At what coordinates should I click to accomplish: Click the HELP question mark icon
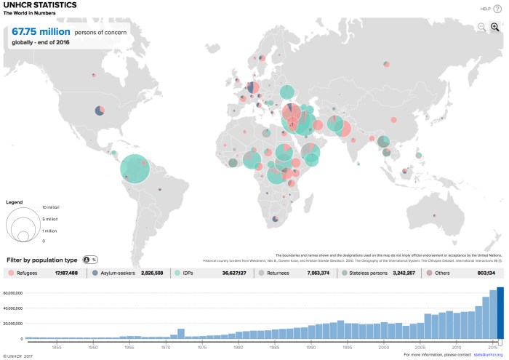(x=497, y=9)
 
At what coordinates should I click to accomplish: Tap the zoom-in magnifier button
(x=495, y=27)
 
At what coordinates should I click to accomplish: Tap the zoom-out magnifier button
(x=481, y=27)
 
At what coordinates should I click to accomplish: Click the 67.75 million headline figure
(x=41, y=32)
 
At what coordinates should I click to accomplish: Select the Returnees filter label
(x=277, y=273)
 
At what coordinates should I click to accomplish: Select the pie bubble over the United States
(x=100, y=111)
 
